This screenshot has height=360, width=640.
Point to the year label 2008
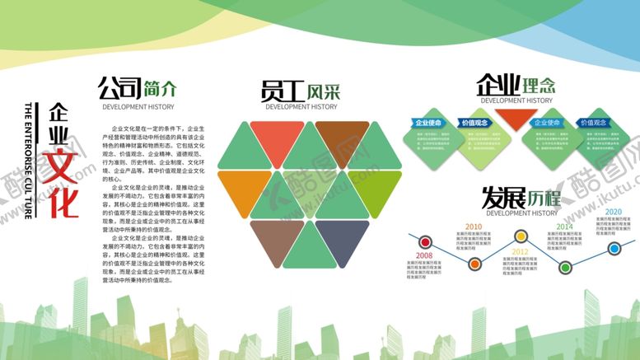[x=423, y=257]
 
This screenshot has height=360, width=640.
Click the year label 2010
[x=474, y=227]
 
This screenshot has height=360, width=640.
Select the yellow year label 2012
[x=520, y=252]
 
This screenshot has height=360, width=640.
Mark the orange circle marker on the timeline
[x=474, y=264]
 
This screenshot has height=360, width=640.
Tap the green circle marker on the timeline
[x=566, y=267]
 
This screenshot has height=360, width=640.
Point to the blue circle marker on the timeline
[x=614, y=248]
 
